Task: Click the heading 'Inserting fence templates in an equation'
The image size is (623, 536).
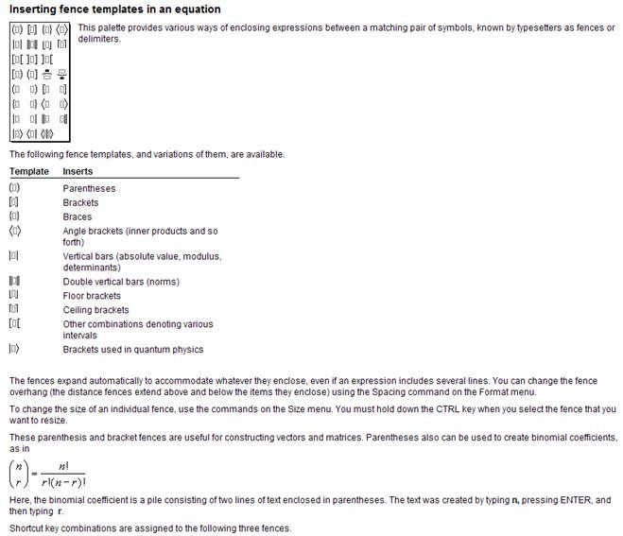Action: pyautogui.click(x=114, y=9)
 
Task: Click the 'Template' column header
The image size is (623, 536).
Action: pyautogui.click(x=28, y=171)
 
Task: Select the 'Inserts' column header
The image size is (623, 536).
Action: pyautogui.click(x=78, y=171)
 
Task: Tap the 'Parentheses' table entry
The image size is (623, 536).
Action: pyautogui.click(x=89, y=188)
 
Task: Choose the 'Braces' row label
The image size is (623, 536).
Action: pyautogui.click(x=78, y=216)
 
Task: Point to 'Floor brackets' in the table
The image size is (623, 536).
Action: pyautogui.click(x=92, y=296)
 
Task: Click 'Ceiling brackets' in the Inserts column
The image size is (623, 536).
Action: pyautogui.click(x=95, y=310)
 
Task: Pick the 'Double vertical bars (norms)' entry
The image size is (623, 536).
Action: pyautogui.click(x=121, y=282)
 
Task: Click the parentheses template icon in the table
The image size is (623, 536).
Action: pyautogui.click(x=14, y=188)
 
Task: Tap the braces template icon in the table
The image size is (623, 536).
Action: pyautogui.click(x=14, y=216)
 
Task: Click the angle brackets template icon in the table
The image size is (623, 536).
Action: pyautogui.click(x=14, y=231)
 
